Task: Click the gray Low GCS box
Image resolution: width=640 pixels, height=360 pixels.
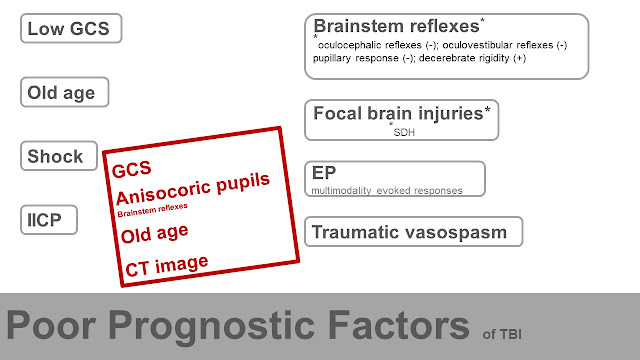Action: click(x=71, y=28)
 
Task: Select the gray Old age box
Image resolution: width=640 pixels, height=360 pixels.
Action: click(x=64, y=92)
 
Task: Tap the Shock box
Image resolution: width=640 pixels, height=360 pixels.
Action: click(x=59, y=156)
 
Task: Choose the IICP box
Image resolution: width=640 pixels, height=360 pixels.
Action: click(x=49, y=220)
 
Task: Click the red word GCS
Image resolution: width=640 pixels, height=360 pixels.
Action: click(x=131, y=169)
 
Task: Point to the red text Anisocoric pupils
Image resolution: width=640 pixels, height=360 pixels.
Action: click(x=193, y=188)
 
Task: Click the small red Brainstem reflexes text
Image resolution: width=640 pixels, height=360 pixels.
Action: click(x=152, y=210)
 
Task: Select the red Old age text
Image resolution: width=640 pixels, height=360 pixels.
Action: click(x=155, y=234)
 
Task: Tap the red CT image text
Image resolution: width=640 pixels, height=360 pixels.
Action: click(x=167, y=266)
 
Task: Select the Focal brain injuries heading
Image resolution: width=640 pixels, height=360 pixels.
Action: click(x=402, y=113)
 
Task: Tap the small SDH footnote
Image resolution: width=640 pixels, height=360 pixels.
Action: click(x=404, y=132)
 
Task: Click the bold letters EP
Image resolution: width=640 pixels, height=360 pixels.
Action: click(x=324, y=173)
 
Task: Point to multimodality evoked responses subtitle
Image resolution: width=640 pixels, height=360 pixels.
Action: click(x=387, y=191)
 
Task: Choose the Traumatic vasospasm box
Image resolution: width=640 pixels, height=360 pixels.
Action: click(x=413, y=232)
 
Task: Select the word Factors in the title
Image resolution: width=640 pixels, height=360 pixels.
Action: click(x=398, y=325)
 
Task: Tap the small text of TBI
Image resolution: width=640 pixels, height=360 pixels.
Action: click(x=502, y=334)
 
